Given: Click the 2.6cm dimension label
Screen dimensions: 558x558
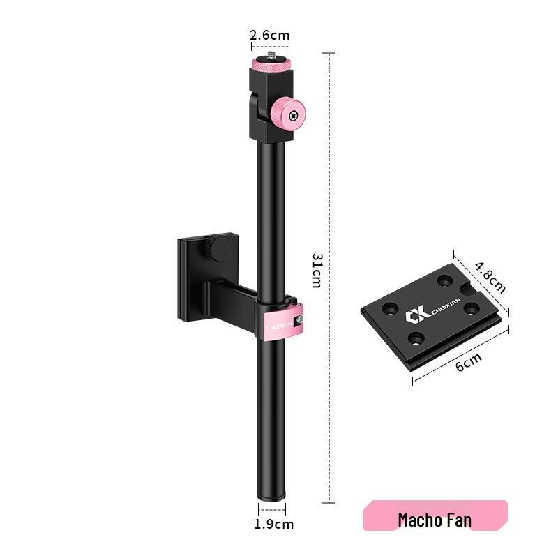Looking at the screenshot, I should click(x=270, y=35).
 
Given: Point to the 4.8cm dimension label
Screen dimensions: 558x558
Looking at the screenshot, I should click(x=490, y=277).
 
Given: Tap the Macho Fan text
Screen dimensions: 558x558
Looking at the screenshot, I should click(x=434, y=520).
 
